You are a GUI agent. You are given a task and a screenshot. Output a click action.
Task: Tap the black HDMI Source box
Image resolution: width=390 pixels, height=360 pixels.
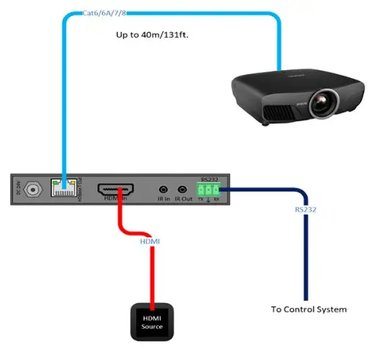152,322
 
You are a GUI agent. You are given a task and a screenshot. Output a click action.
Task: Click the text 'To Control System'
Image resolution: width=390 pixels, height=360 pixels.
309,309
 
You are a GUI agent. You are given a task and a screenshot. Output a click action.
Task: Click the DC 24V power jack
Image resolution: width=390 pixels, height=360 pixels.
32,190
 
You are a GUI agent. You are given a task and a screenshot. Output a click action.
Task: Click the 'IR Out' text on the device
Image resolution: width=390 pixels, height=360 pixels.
187,200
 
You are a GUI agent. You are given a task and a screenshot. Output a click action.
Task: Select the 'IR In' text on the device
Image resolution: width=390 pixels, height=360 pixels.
164,200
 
